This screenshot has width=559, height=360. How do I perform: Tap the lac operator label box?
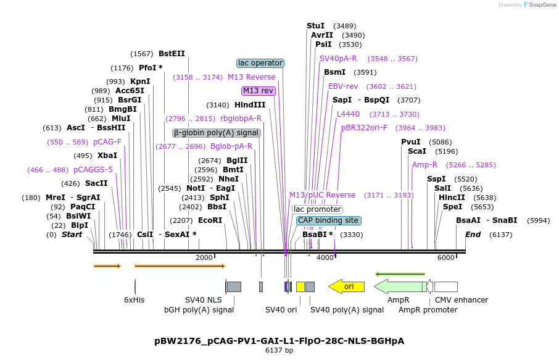[x=260, y=63]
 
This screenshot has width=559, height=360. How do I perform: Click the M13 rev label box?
[x=259, y=91]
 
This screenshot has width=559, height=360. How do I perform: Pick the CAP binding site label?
[x=328, y=220]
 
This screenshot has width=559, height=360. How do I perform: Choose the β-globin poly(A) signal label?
[x=216, y=133]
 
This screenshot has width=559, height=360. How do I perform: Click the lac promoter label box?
[x=317, y=209]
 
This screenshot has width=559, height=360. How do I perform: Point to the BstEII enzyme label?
[x=172, y=54]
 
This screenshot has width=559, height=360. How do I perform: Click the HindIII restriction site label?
[x=250, y=105]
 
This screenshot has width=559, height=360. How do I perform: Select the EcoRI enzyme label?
[x=210, y=220]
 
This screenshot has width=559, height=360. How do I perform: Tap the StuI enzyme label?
[x=315, y=26]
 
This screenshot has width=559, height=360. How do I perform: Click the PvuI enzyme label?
[x=410, y=142]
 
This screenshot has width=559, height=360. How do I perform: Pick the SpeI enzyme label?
[x=452, y=207]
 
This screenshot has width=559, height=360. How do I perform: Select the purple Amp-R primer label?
[x=424, y=165]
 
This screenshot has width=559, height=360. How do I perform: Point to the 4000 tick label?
[x=325, y=257]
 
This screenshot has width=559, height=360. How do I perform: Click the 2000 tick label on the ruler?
[x=204, y=257]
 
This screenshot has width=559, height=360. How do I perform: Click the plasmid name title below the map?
[x=279, y=341]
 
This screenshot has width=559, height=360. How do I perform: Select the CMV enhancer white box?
[x=446, y=287]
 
